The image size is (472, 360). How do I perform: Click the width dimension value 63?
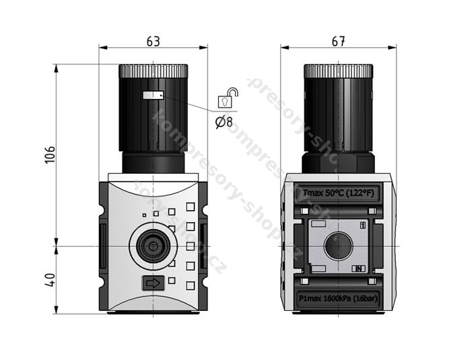(x=153, y=40)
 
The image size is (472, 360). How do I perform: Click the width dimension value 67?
(x=338, y=41)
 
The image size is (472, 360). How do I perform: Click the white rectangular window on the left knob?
(x=153, y=96)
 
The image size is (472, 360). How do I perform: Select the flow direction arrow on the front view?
(x=153, y=283)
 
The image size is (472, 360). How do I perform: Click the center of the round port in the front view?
(x=153, y=246)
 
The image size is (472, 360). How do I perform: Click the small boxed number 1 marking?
(x=364, y=225)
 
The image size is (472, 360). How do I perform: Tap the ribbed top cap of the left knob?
(x=153, y=70)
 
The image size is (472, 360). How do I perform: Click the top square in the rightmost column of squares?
(x=191, y=208)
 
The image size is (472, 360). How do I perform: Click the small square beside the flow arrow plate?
(x=172, y=281)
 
